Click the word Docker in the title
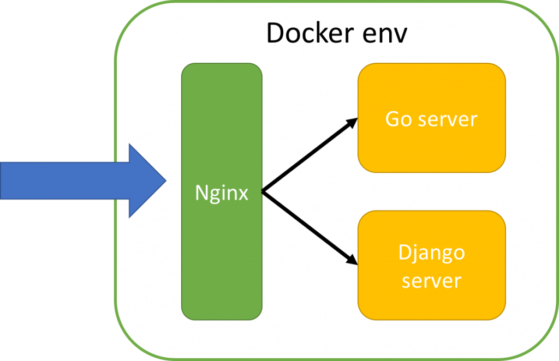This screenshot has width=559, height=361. [308, 34]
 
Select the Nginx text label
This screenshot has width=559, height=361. [222, 193]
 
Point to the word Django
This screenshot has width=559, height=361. [431, 254]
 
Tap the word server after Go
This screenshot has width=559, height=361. [448, 119]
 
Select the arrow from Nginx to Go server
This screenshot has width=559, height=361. [308, 156]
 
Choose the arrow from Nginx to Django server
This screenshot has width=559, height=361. [308, 227]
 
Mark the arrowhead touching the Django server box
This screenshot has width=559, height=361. [352, 260]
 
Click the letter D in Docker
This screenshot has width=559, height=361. [275, 34]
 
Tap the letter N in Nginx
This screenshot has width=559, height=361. [201, 193]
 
